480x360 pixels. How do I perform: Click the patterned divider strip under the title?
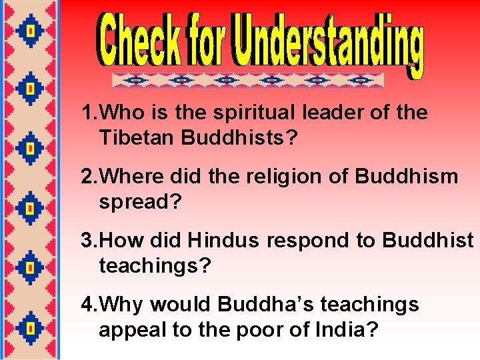(x=248, y=80)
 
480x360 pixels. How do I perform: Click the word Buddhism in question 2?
(x=407, y=177)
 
